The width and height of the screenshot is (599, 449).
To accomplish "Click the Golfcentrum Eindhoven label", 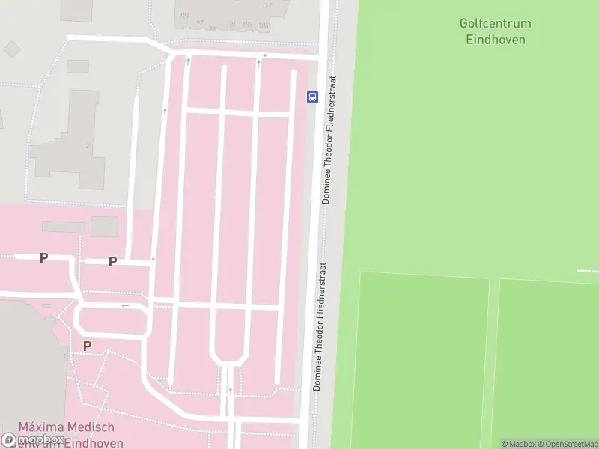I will click(495, 31).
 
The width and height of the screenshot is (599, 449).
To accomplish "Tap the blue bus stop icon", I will click(312, 97).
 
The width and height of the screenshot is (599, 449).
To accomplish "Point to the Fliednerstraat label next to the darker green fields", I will click(320, 326).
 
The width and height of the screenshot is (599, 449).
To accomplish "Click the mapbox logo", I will click(34, 439).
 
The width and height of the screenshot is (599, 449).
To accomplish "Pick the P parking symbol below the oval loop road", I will click(87, 346).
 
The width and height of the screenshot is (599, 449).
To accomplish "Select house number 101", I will click(231, 24).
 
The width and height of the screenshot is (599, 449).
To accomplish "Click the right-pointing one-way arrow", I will click(262, 55).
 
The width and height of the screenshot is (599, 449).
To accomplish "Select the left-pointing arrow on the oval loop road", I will click(125, 305).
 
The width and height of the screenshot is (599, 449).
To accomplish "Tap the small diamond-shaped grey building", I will click(12, 49).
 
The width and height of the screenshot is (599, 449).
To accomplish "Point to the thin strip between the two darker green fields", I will click(493, 359).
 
